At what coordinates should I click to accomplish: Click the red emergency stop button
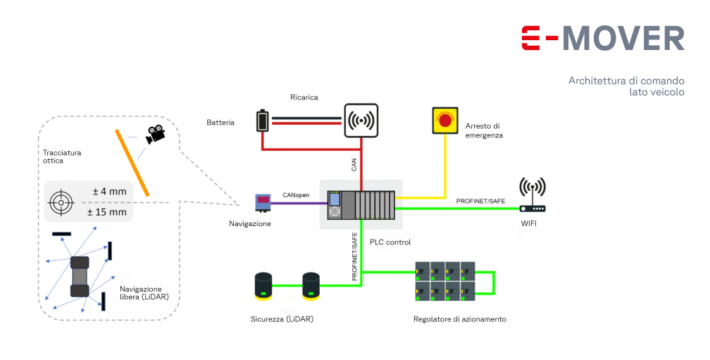click(445, 120)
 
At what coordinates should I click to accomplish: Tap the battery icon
click(263, 121)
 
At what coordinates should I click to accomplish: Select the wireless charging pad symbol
click(361, 120)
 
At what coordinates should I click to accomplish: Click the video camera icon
click(155, 134)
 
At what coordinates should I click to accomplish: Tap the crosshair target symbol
click(61, 202)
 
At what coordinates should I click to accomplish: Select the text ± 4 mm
click(110, 192)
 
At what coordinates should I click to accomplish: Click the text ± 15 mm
click(107, 212)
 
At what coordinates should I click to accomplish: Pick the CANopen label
click(296, 195)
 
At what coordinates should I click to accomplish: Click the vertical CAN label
click(354, 164)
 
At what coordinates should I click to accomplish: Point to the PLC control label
click(390, 242)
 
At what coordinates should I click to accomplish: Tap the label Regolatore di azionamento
click(459, 319)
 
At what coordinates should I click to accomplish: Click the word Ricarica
click(304, 97)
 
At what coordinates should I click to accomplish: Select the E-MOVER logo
click(603, 39)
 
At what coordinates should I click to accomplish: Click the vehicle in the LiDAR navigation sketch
click(80, 276)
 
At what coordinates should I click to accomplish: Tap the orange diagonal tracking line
click(132, 163)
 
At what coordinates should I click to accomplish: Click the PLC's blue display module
click(335, 199)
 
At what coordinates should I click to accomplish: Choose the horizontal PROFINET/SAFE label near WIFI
click(480, 201)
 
